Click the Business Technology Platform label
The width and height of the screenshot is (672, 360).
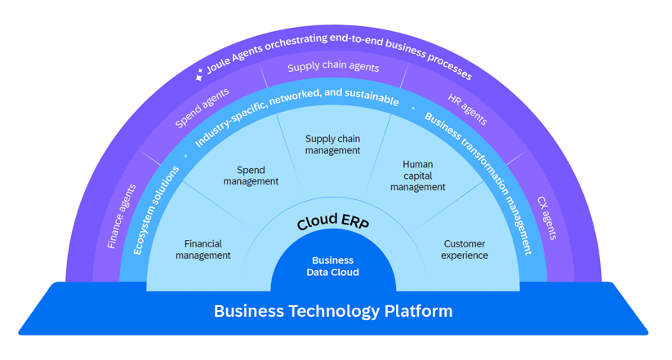coord(333,311)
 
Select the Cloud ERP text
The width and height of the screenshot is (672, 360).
coord(333,221)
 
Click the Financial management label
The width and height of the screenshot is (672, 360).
coord(203,250)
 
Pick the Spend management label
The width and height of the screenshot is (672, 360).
coord(251,176)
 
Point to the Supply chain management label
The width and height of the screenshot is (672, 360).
coord(332,144)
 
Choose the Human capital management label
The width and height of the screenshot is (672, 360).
coord(418,176)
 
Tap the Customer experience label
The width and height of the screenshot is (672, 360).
coord(465,250)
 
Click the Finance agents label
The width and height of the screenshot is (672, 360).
coord(122,216)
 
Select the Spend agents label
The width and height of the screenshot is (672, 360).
coord(202,108)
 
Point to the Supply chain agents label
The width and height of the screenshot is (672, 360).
coord(333,66)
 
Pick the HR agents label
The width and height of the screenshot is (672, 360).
coord(468,109)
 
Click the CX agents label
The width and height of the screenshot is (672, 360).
coord(547,218)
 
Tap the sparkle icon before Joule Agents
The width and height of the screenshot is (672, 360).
coord(199,74)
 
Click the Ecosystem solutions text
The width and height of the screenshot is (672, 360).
coord(156,211)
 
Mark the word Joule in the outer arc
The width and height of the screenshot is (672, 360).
coord(218,64)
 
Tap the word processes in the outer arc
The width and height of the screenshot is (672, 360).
coord(450,65)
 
